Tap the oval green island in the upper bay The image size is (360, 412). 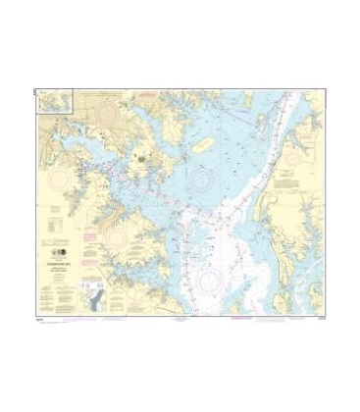(x=204, y=145)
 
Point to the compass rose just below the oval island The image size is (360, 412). (x=202, y=180)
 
